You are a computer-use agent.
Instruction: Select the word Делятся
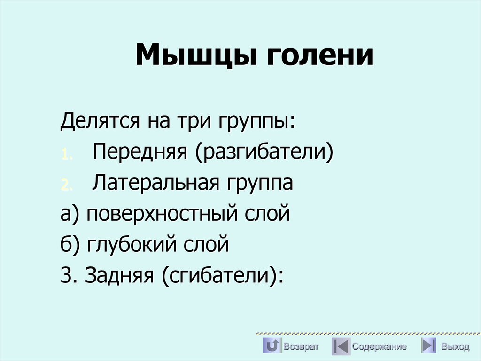(x=100, y=122)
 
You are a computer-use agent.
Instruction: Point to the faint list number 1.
(x=66, y=155)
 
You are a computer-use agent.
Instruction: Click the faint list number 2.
(x=66, y=185)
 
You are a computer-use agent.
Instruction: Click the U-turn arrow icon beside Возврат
(x=272, y=346)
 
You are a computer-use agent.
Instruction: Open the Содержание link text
(x=379, y=347)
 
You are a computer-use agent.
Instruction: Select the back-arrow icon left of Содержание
(x=340, y=346)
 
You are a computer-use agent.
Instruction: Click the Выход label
(x=455, y=347)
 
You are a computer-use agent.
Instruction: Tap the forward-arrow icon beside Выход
(x=428, y=346)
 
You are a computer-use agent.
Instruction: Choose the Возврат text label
(x=301, y=347)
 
